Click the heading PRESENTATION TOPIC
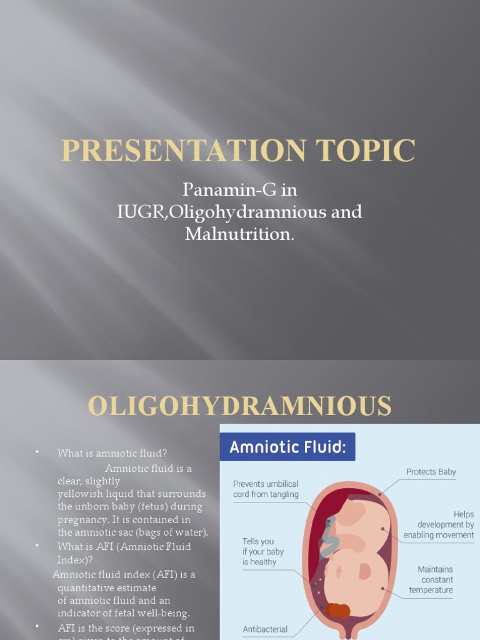pyautogui.click(x=238, y=151)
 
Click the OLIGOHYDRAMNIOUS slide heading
pyautogui.click(x=240, y=406)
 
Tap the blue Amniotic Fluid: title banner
pyautogui.click(x=287, y=447)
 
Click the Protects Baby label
pyautogui.click(x=431, y=472)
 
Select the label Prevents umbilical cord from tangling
pyautogui.click(x=266, y=489)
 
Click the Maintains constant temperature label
pyautogui.click(x=435, y=579)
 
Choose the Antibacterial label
pyautogui.click(x=265, y=629)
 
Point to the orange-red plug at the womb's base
pyautogui.click(x=337, y=610)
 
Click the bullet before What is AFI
pyautogui.click(x=37, y=546)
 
